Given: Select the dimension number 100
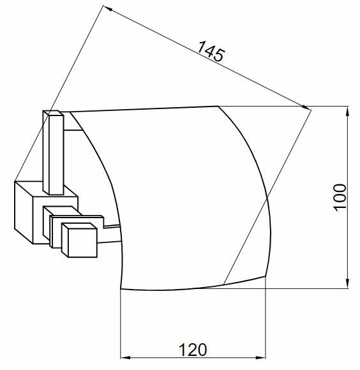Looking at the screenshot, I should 339,198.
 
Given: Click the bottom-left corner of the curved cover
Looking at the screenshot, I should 121,288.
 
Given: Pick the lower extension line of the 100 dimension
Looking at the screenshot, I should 306,288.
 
